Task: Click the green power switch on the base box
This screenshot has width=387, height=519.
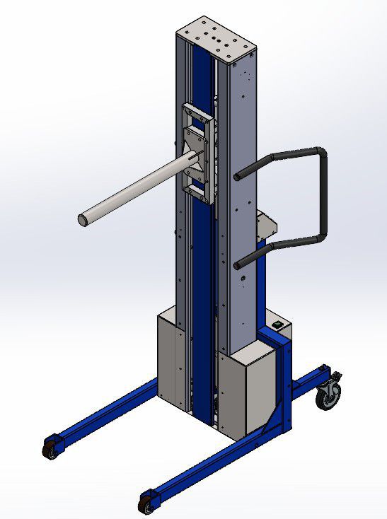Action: (278, 326)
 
